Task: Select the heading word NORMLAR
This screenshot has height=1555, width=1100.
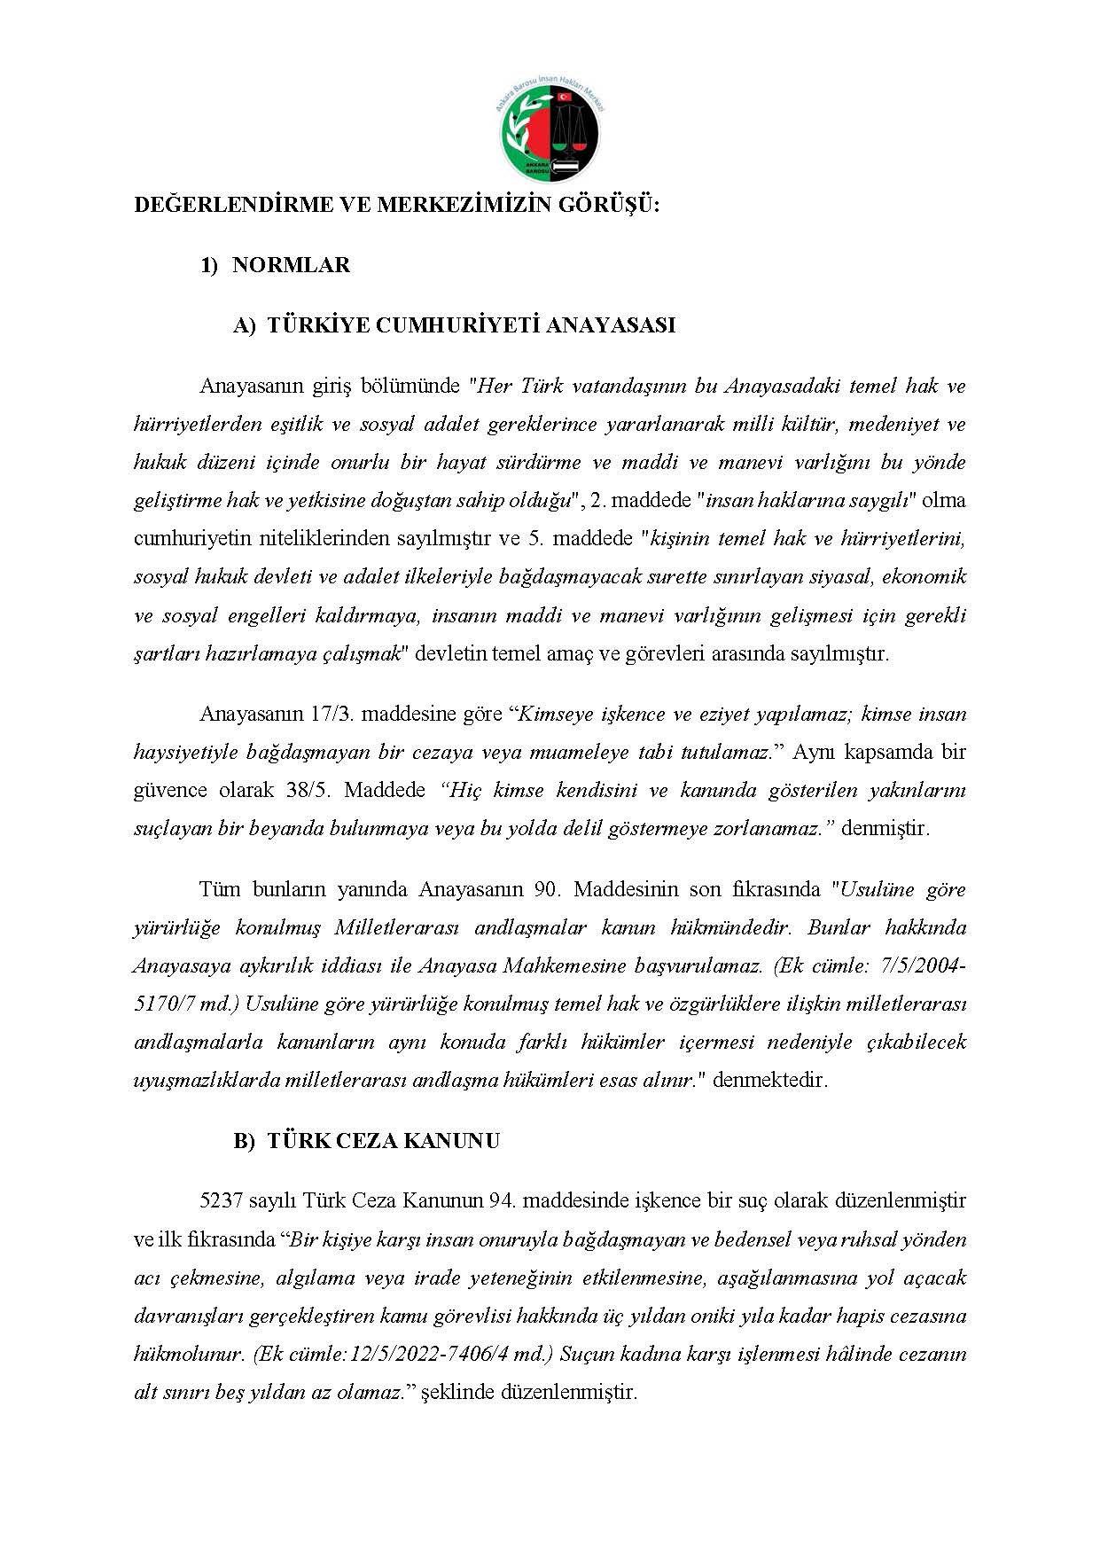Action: click(x=291, y=265)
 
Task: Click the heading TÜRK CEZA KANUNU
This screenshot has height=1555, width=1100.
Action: click(x=383, y=1141)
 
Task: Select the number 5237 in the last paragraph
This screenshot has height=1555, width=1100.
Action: click(x=222, y=1201)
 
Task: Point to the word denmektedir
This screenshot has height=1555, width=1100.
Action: click(x=769, y=1081)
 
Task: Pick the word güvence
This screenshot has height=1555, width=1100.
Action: click(x=170, y=790)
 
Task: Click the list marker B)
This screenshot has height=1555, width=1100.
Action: click(x=244, y=1141)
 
